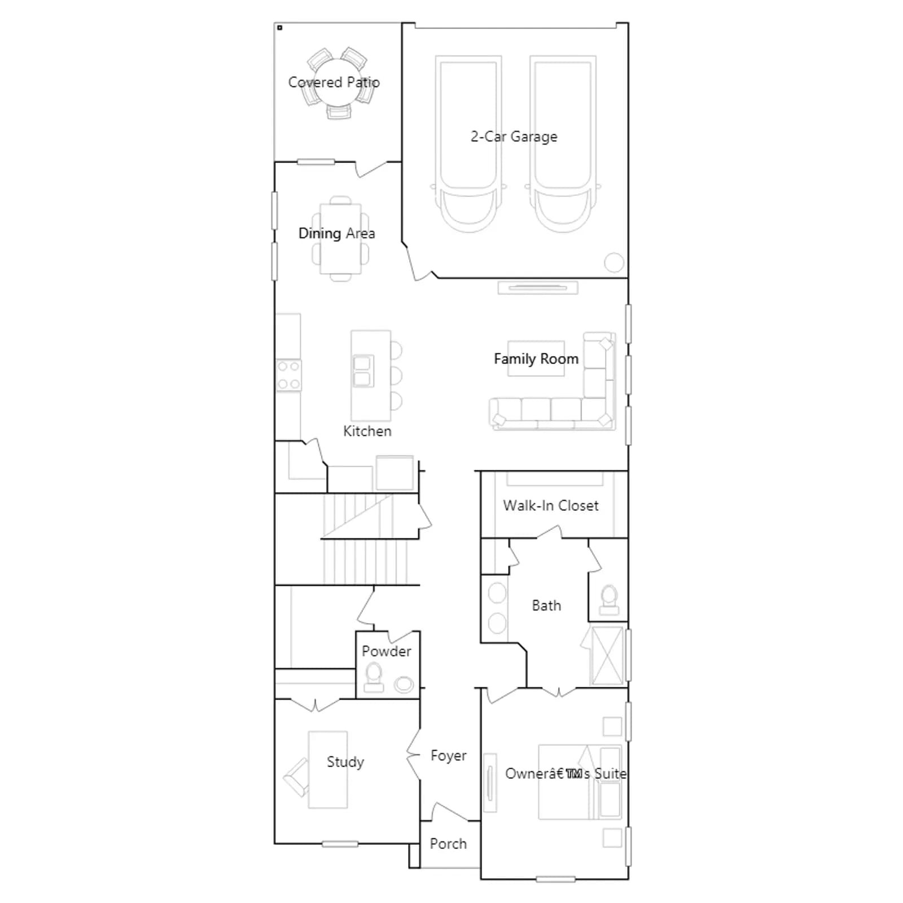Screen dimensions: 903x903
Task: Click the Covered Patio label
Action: coord(334,82)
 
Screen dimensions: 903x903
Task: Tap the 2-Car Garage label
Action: coord(514,137)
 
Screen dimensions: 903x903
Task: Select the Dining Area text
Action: coord(336,234)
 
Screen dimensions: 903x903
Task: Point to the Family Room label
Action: coord(536,359)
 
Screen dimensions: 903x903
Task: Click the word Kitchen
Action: coord(367,431)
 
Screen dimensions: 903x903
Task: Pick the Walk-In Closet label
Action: coord(551,506)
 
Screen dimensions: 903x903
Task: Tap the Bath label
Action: coord(546,606)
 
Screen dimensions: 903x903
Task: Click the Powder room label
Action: coord(387,651)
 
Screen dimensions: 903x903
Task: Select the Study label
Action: coord(345,762)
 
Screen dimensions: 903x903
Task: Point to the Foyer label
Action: coord(449,756)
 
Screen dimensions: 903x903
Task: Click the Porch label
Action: coord(448,844)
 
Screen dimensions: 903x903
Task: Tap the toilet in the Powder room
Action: coord(374,677)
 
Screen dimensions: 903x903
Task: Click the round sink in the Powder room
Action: coord(404,685)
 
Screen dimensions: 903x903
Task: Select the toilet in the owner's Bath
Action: coord(609,600)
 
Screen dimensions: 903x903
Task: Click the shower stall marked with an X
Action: coord(607,655)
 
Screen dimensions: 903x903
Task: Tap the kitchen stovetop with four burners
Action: coord(288,375)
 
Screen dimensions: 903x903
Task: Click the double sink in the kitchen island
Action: coord(362,371)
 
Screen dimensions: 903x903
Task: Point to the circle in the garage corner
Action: coord(614,262)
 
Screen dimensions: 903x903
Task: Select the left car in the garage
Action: coord(468,144)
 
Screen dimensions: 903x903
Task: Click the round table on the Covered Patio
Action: coord(337,82)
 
